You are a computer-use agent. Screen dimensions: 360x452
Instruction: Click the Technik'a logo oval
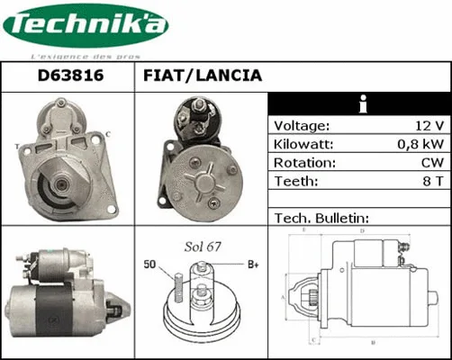click(86, 27)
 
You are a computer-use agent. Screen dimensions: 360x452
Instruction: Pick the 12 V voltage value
click(424, 125)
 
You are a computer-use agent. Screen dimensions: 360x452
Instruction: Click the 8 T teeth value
click(431, 181)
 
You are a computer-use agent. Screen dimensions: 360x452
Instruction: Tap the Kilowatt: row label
click(303, 144)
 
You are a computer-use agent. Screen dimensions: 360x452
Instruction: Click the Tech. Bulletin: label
click(321, 218)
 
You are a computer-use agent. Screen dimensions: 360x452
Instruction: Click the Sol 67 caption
click(203, 246)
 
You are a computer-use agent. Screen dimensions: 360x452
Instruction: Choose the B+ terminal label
click(254, 264)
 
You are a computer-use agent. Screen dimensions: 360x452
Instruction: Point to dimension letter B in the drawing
click(373, 343)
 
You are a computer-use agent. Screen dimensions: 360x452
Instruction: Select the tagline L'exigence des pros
click(85, 56)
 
